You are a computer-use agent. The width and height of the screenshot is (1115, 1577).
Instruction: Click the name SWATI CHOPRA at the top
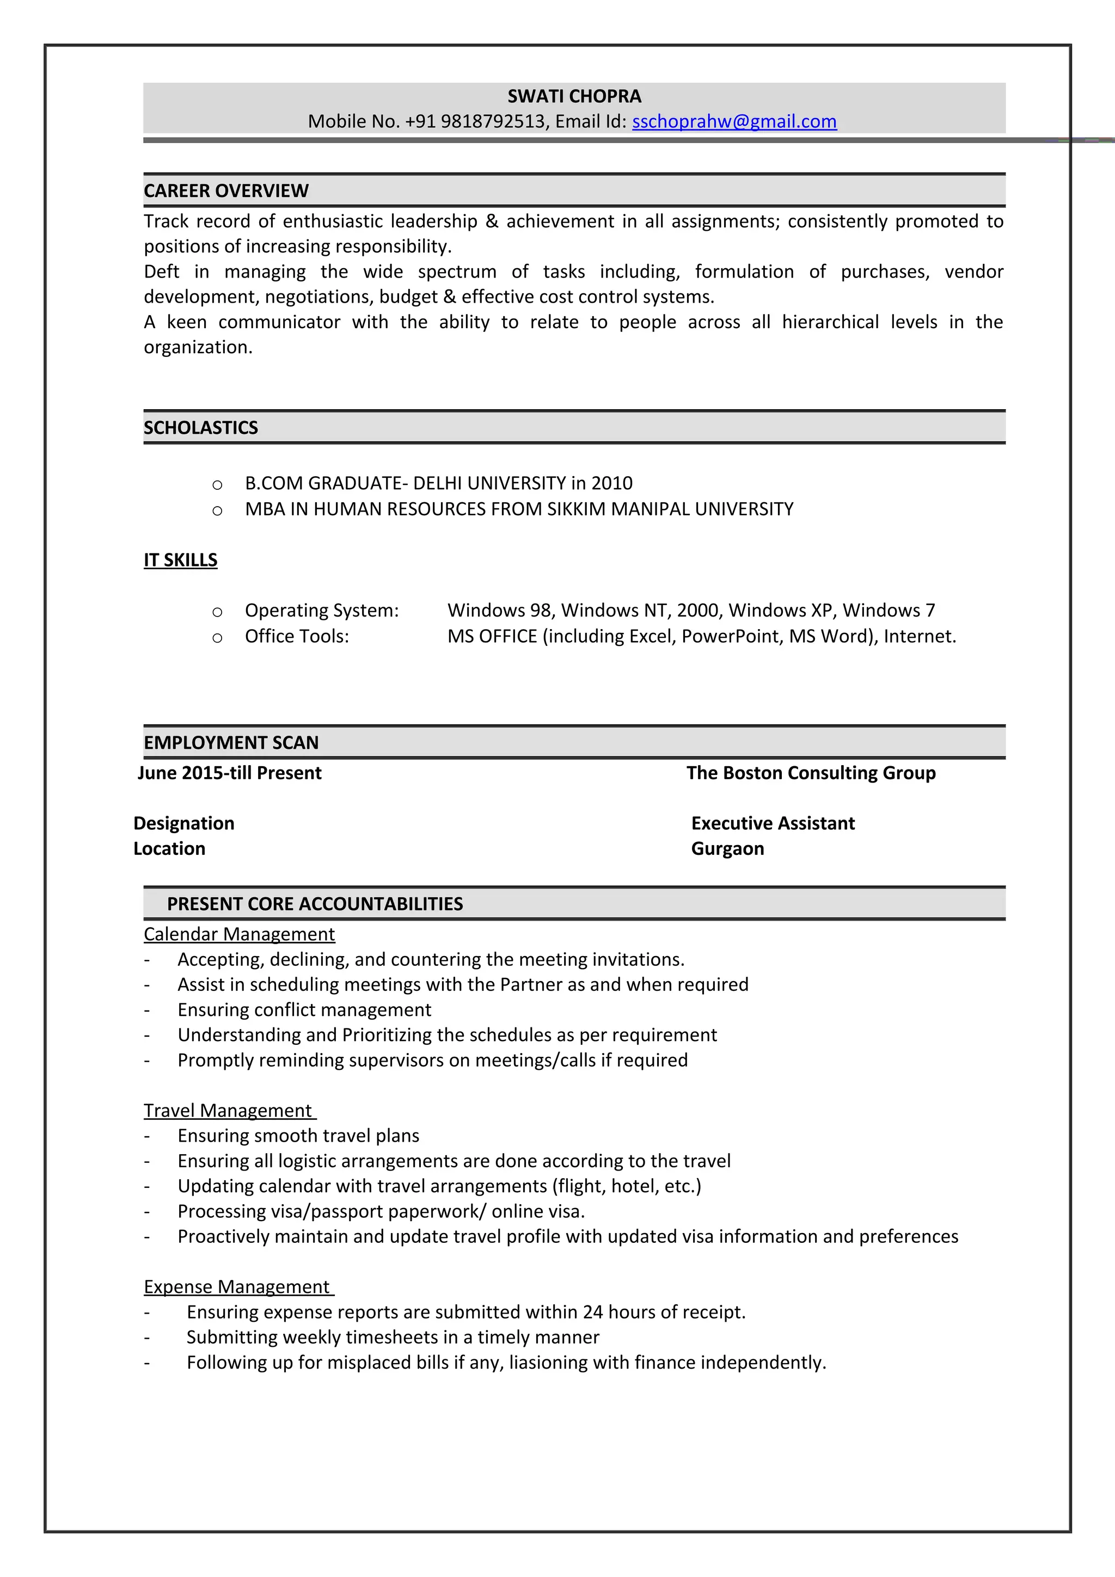(574, 96)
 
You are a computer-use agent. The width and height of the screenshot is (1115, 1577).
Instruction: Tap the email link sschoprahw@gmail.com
(734, 121)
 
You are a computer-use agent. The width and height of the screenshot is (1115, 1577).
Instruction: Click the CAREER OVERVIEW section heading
(226, 191)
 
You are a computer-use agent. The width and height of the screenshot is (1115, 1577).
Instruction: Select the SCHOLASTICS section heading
(200, 428)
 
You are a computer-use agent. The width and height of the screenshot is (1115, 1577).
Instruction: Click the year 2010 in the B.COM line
(611, 484)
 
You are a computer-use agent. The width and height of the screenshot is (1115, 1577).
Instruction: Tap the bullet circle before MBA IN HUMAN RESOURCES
(217, 510)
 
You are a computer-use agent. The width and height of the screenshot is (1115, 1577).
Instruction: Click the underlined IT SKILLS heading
(181, 560)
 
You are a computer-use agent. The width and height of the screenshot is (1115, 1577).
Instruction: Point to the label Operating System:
(322, 611)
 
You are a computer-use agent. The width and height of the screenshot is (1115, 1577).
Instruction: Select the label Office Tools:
(297, 637)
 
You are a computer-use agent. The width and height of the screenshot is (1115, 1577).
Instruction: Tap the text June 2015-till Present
(229, 773)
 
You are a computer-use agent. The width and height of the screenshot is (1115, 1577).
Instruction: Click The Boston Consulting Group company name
(811, 773)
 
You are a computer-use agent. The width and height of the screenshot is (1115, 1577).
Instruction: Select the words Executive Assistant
(773, 823)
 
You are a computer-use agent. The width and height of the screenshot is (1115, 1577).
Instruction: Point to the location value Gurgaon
(727, 849)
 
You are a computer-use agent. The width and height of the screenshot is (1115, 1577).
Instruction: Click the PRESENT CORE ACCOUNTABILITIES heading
(315, 904)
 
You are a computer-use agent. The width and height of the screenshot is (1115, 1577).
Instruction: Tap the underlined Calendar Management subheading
(239, 935)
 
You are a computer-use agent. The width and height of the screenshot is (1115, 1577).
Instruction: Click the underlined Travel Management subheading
(228, 1111)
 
